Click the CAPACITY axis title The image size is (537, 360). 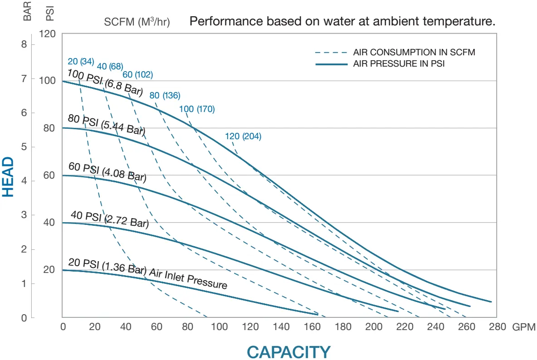point(288,352)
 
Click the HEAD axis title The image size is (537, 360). point(8,176)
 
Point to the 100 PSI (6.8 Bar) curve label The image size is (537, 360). point(105,83)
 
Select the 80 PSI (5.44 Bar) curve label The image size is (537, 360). point(106,125)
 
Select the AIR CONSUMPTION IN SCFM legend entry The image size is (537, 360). point(414,52)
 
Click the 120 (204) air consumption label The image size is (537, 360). point(243,136)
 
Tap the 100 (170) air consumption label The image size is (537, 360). point(197,109)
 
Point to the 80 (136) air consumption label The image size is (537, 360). point(165,95)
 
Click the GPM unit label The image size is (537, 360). point(524,326)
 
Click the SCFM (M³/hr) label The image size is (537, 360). point(137,22)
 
